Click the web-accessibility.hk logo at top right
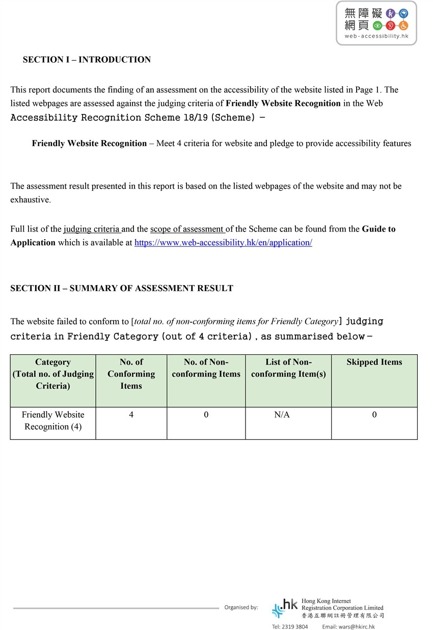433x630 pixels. click(376, 23)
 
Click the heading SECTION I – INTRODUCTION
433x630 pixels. click(87, 60)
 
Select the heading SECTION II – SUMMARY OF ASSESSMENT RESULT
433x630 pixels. click(122, 288)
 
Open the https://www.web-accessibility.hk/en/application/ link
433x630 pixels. click(223, 243)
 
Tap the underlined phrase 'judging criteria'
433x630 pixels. click(92, 229)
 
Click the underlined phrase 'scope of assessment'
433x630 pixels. click(187, 229)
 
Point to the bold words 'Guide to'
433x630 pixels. click(378, 229)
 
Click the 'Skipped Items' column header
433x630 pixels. click(374, 362)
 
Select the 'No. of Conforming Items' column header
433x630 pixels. click(131, 374)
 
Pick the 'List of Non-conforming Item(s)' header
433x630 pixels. click(288, 368)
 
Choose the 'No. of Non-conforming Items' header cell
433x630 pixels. click(206, 368)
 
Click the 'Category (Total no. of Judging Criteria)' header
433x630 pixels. click(53, 374)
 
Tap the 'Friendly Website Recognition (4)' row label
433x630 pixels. click(53, 421)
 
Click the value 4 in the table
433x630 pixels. click(131, 415)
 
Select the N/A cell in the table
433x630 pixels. click(282, 415)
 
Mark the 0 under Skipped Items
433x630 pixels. click(374, 415)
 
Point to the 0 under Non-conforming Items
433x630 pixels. click(206, 415)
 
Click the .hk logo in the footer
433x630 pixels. click(285, 608)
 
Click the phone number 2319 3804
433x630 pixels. click(290, 626)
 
